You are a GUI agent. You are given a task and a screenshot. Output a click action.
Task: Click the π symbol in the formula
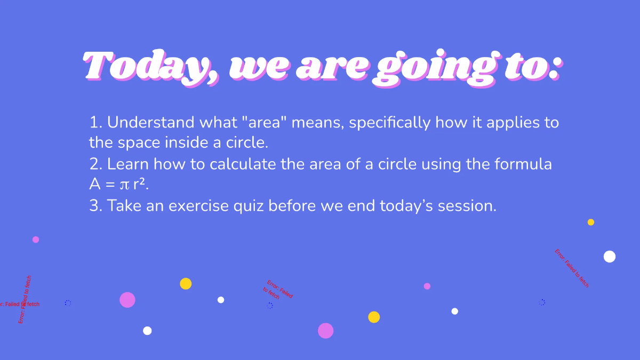tap(124, 185)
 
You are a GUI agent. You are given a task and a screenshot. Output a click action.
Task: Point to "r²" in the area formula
tap(140, 185)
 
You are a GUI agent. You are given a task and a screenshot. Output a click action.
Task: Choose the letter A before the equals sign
tap(95, 185)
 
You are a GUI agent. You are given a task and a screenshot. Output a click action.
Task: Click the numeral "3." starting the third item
tap(95, 206)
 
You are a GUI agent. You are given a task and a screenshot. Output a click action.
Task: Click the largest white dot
tap(610, 257)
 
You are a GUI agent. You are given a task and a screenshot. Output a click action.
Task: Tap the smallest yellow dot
tap(591, 222)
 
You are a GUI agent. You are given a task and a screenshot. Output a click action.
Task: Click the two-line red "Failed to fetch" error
tap(278, 290)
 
